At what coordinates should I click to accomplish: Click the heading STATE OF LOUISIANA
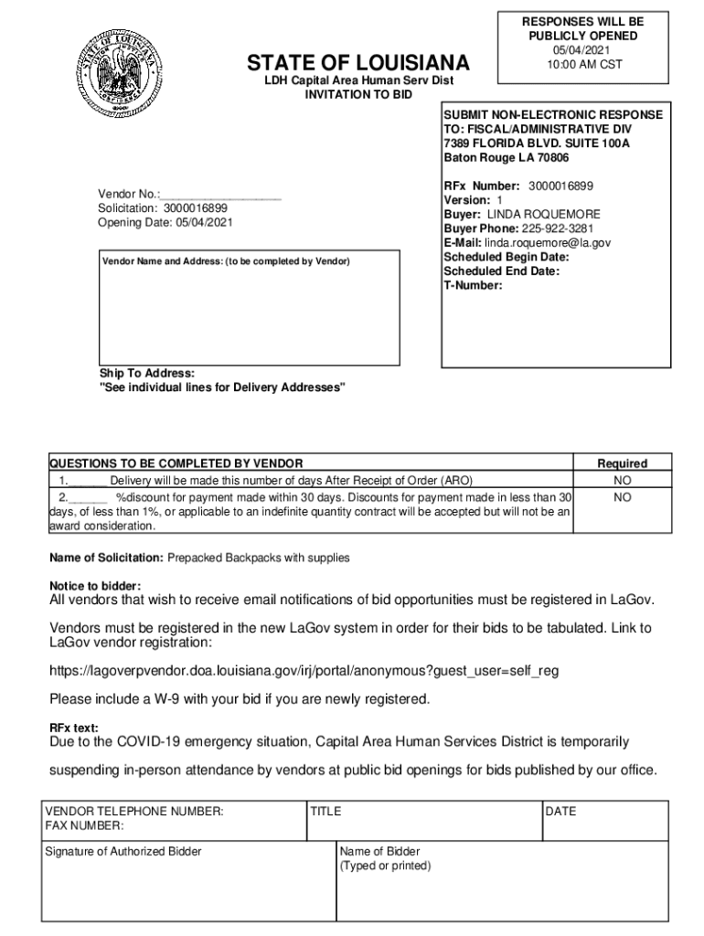pos(358,63)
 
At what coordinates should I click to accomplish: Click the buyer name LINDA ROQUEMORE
pos(543,214)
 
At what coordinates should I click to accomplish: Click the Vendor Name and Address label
pos(226,261)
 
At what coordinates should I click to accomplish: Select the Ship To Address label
pos(147,373)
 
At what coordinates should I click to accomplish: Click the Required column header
pos(622,463)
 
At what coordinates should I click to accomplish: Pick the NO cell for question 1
pos(622,480)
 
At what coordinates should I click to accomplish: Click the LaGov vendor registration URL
pos(304,671)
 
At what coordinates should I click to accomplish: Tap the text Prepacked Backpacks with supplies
pos(258,558)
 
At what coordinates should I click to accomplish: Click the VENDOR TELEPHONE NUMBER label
pos(134,811)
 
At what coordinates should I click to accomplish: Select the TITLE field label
pos(325,811)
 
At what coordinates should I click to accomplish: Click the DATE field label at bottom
pos(560,811)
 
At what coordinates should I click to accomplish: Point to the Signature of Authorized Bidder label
pos(123,852)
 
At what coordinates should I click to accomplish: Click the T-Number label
pos(473,285)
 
